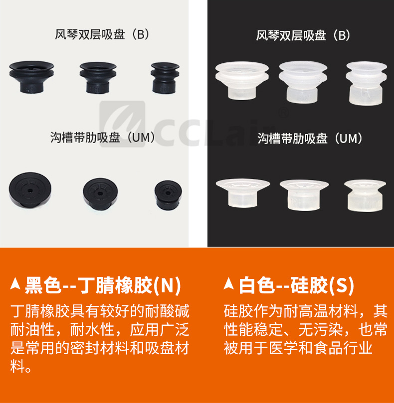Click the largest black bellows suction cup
point(31,77)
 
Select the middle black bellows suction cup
point(98,77)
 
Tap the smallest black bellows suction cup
point(165,78)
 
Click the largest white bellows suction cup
point(242,80)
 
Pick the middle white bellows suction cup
point(303,82)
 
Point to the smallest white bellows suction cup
point(366,83)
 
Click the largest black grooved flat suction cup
point(30,189)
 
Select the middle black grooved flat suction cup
point(100,192)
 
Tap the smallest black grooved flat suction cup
point(168,195)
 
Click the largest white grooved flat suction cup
point(243,193)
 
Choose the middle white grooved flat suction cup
point(304,195)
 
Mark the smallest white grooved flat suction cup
point(365,195)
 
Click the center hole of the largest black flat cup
point(30,190)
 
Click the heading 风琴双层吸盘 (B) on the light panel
point(102,34)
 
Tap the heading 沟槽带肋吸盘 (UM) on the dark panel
point(310,138)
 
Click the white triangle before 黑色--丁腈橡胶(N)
point(15,284)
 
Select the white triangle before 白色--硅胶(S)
point(228,284)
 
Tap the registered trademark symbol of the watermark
point(283,112)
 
